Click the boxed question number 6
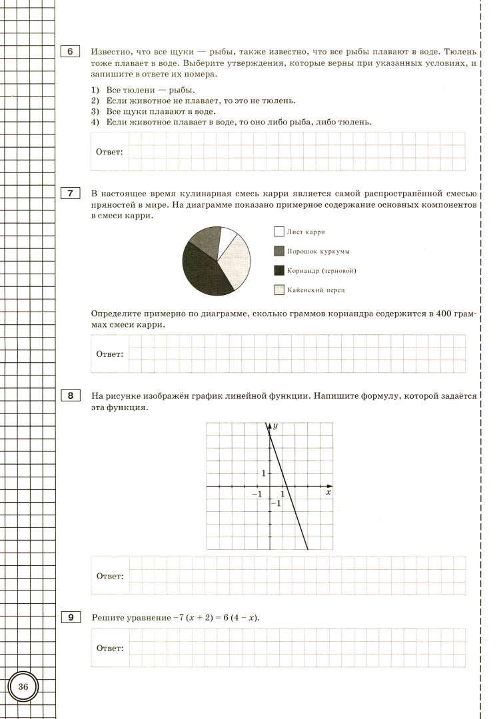pos(69,51)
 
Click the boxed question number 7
pos(69,194)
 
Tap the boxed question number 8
pos(69,396)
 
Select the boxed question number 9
pos(69,617)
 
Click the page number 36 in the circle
pos(23,686)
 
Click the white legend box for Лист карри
pos(278,232)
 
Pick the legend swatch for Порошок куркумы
pos(278,251)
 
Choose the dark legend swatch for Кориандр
pos(278,270)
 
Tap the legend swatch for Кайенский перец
pos(278,290)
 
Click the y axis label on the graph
pos(274,425)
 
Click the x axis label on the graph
pos(328,493)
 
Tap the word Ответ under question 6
pos(109,152)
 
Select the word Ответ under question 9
pos(109,648)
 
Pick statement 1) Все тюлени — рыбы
pos(133,90)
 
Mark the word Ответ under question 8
pos(109,576)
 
